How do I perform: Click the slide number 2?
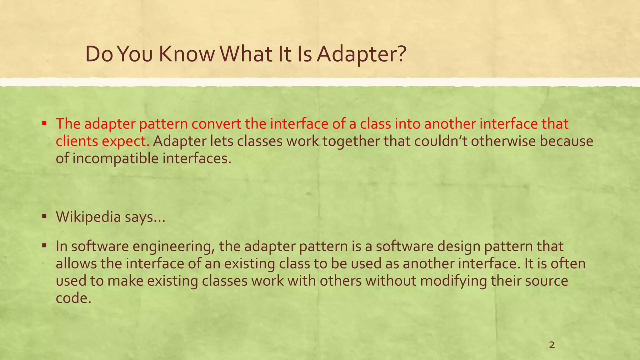(x=552, y=345)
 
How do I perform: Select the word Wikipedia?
(x=88, y=217)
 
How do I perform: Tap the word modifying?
(x=453, y=281)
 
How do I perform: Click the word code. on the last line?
(x=73, y=298)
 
